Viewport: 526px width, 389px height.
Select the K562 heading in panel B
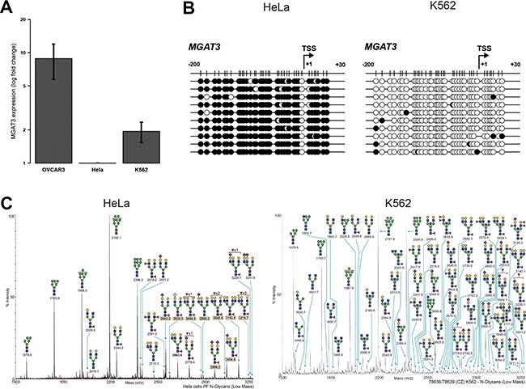tap(438, 15)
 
